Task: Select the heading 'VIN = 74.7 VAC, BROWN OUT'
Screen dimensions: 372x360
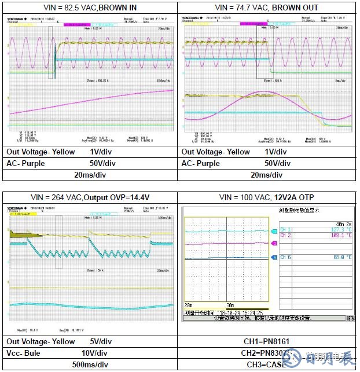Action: [266, 8]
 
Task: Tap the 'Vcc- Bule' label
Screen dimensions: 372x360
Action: [24, 352]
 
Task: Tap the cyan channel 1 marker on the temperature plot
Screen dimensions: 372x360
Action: [274, 231]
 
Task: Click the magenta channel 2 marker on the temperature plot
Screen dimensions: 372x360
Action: [274, 243]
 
